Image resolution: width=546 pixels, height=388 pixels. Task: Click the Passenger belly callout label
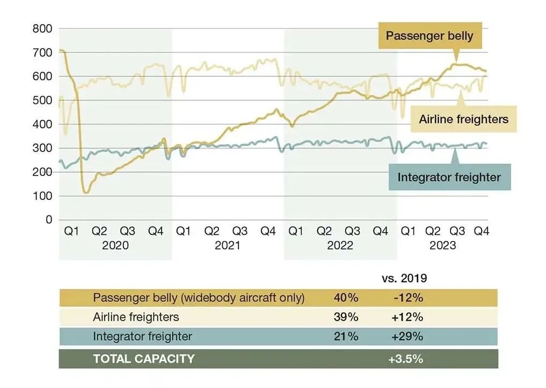click(x=429, y=37)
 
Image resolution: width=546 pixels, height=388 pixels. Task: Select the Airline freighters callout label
click(x=463, y=119)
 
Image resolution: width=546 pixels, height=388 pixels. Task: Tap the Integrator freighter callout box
click(x=449, y=177)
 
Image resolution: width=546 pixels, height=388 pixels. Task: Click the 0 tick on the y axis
click(x=48, y=219)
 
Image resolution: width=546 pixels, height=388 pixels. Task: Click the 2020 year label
click(x=115, y=246)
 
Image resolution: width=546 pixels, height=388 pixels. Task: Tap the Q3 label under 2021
click(x=240, y=231)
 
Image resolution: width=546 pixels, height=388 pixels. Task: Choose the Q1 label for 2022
click(x=296, y=231)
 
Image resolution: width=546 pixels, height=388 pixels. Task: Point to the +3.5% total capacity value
click(x=406, y=359)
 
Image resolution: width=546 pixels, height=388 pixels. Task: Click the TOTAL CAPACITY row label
click(x=144, y=359)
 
